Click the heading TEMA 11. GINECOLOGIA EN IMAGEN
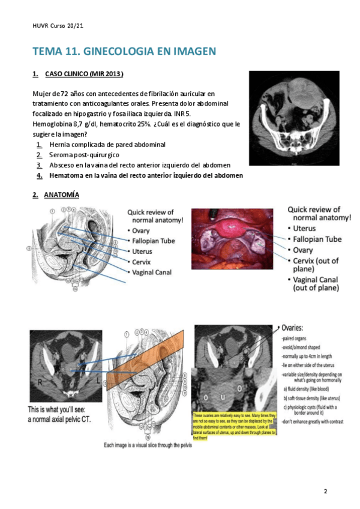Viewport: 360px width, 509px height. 124,51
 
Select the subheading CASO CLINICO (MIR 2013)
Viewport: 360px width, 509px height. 84,74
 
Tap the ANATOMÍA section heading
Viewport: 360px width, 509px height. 61,196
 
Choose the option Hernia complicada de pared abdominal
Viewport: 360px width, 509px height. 107,145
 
